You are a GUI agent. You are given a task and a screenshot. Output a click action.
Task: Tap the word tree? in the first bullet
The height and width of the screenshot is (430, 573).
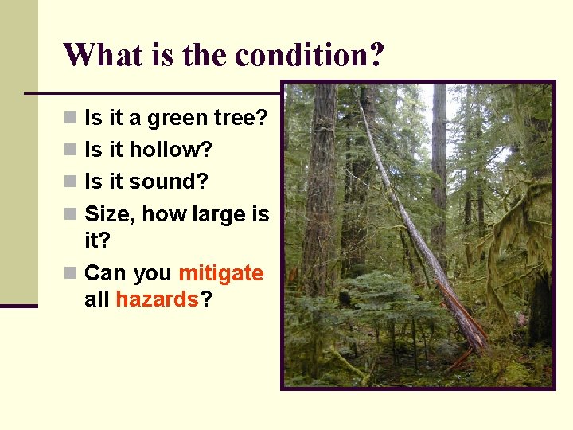[x=242, y=119]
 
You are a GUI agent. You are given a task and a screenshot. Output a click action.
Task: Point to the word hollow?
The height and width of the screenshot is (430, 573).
[x=171, y=150]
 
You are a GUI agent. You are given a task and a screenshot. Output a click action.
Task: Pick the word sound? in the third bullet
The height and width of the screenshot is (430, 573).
[x=168, y=182]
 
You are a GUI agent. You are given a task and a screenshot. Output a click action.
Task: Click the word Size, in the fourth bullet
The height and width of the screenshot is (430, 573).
[x=110, y=213]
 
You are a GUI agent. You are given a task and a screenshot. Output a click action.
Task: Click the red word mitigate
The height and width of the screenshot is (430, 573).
[x=221, y=273]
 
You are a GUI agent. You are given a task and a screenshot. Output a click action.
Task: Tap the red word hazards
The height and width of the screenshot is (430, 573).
[x=157, y=299]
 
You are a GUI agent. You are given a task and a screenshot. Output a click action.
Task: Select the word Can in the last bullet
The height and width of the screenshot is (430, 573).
[x=105, y=273]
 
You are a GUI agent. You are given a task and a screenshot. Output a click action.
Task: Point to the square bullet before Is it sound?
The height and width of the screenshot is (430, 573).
[x=72, y=182]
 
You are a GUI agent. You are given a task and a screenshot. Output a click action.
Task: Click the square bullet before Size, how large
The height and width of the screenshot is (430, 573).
[x=72, y=214]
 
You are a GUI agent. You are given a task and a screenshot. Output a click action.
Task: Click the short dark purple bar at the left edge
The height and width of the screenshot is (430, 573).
[x=18, y=305]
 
